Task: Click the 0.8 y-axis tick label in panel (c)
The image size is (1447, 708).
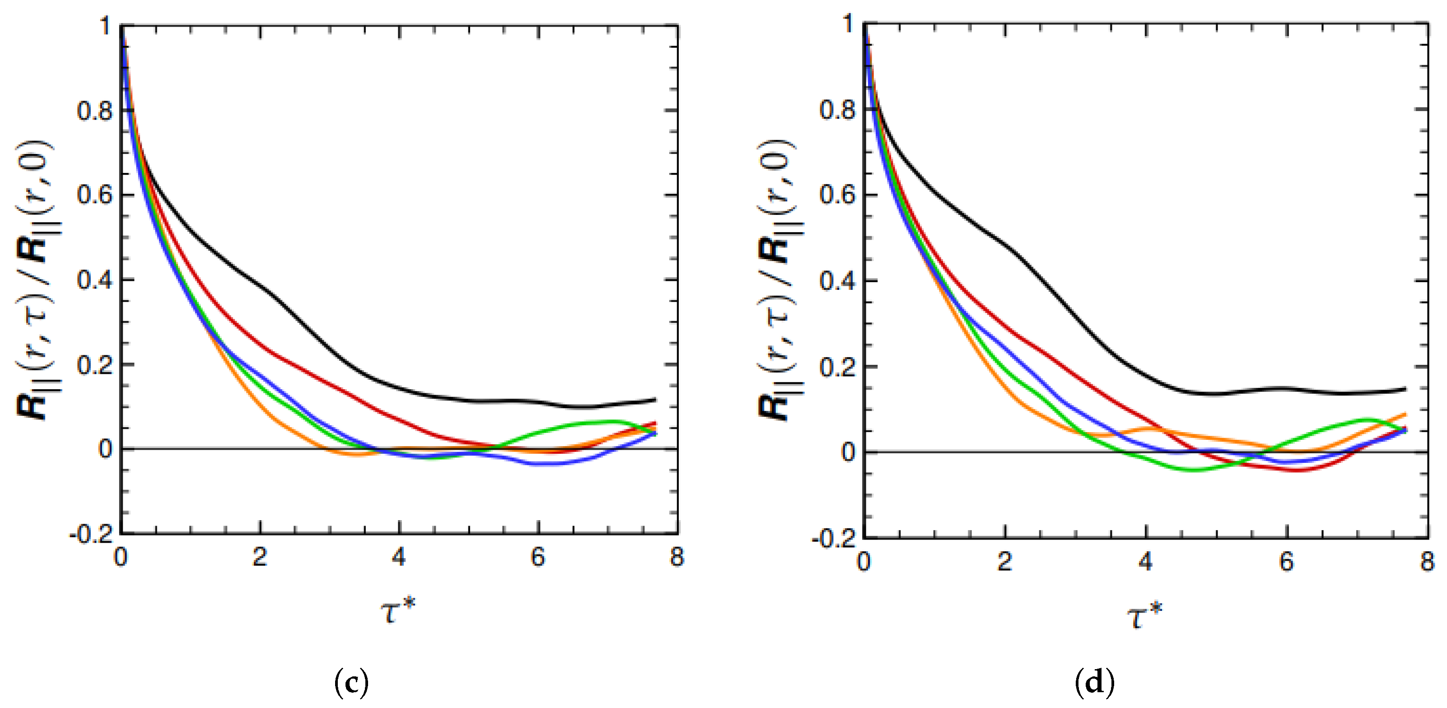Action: [x=94, y=111]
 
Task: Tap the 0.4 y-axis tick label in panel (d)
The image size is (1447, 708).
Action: [x=837, y=281]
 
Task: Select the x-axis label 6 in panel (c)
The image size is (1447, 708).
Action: [x=537, y=557]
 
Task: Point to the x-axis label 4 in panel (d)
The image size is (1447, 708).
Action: [x=1145, y=561]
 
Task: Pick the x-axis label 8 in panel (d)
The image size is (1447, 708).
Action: [x=1427, y=561]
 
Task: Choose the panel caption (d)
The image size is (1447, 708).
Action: [x=1094, y=683]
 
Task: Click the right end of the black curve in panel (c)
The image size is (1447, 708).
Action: [x=655, y=400]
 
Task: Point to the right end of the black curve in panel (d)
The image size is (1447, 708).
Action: [x=1405, y=388]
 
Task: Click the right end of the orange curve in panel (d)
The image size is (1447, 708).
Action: [x=1405, y=415]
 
